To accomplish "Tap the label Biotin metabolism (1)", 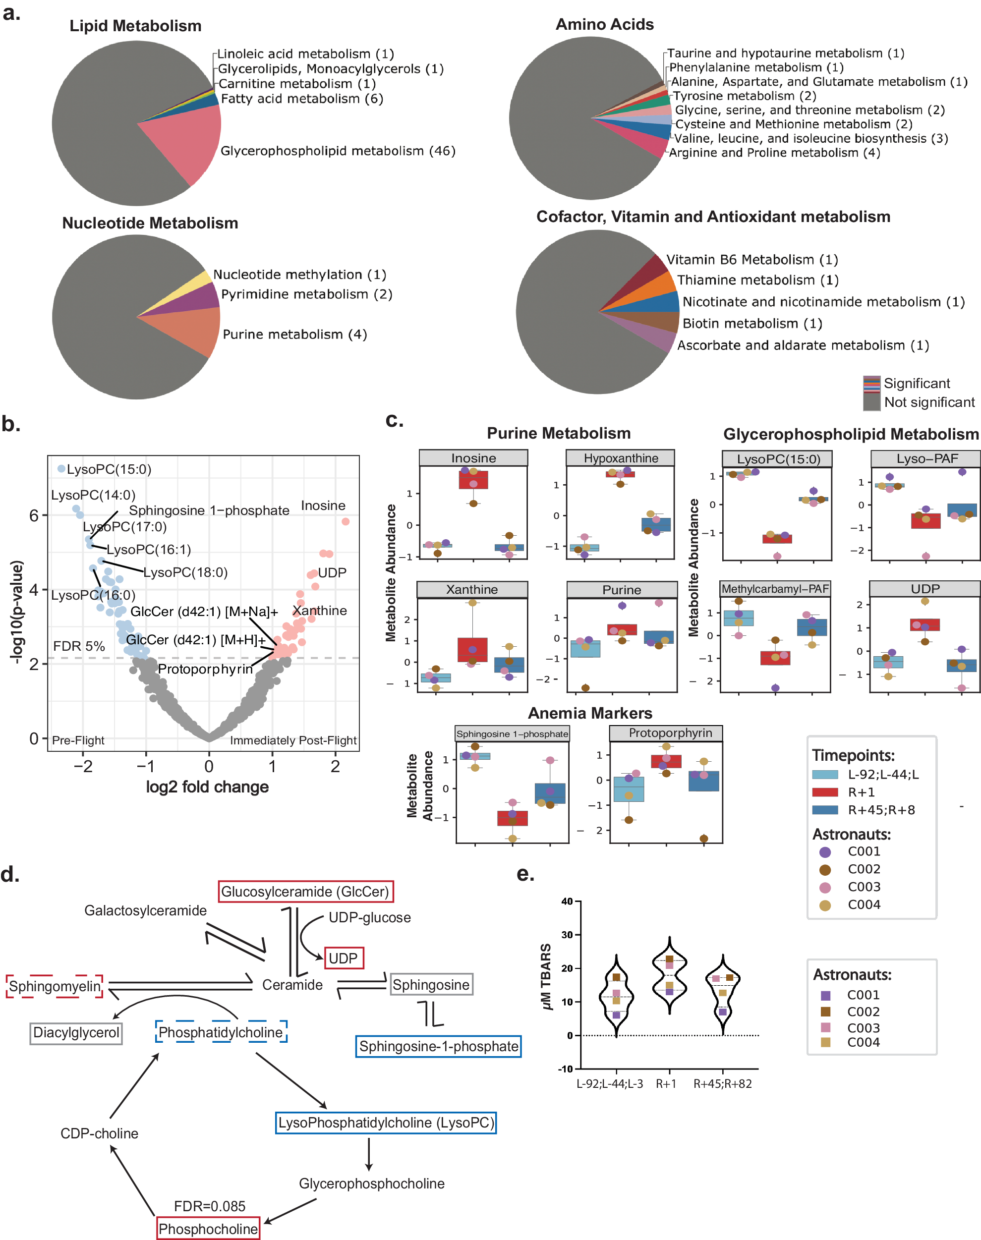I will point(752,324).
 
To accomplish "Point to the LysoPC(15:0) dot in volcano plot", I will point(61,469).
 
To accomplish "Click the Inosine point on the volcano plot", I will point(345,521).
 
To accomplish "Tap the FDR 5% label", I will point(79,646).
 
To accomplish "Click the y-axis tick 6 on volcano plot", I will point(35,515).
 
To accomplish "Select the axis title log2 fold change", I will point(207,787).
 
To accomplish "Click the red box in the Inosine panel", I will point(473,479).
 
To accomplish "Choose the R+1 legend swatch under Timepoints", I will point(825,792).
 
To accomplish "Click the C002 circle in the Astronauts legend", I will point(825,870).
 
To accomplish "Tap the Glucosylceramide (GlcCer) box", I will point(305,892).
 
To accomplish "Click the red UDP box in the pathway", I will point(344,958).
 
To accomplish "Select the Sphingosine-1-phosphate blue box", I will point(438,1046).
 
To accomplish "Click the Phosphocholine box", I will point(208,1229).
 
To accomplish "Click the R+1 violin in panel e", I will point(669,976).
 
